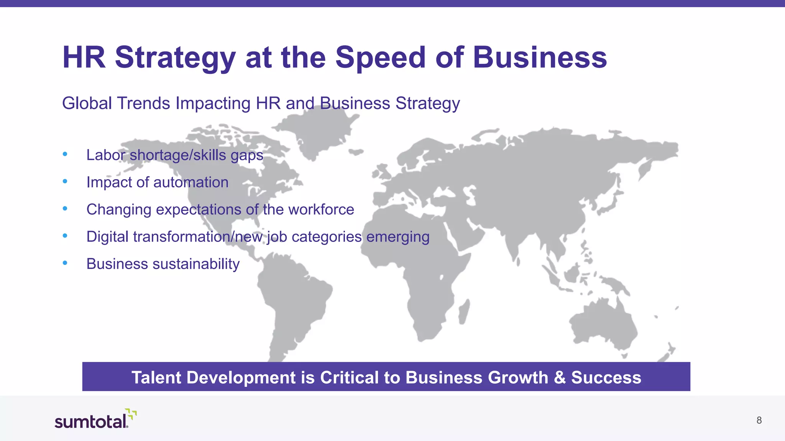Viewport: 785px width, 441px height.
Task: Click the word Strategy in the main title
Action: pos(175,57)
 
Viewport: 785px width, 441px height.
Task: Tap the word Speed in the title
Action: pos(380,57)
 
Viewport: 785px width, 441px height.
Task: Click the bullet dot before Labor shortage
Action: pos(65,154)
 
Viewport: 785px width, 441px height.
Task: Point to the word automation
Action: pos(191,182)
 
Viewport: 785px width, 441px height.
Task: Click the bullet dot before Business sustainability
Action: pos(65,263)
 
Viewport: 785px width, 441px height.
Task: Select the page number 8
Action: pos(759,420)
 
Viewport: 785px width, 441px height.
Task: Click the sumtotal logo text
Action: pos(90,422)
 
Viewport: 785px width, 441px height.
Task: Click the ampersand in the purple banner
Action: pos(560,377)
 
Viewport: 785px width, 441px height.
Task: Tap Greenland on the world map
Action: pos(320,132)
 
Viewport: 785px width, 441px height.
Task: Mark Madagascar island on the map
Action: pos(464,311)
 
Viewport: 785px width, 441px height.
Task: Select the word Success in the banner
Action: pos(606,377)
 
